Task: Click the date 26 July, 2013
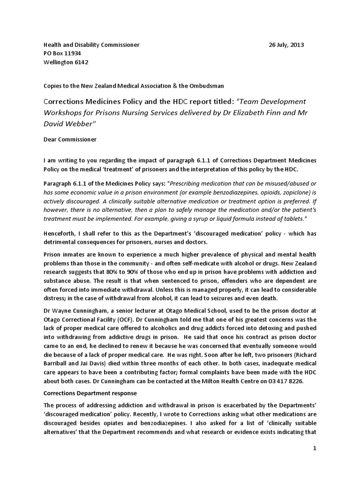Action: [286, 45]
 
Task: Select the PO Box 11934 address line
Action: [62, 53]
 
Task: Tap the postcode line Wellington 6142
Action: [66, 62]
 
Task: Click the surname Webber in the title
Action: [79, 124]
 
